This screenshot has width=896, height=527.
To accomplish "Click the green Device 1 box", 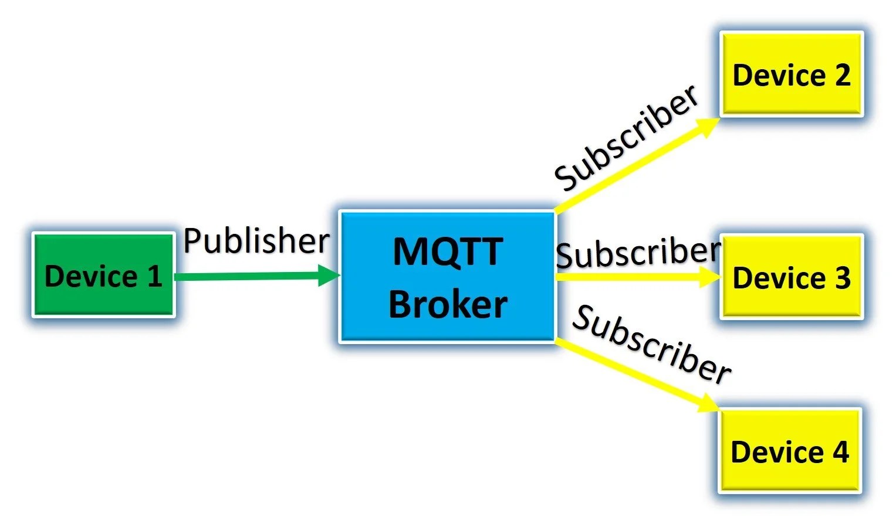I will pyautogui.click(x=103, y=275).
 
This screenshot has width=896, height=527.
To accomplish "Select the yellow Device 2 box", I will pyautogui.click(x=791, y=74).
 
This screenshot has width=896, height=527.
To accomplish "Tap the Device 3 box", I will pyautogui.click(x=791, y=277).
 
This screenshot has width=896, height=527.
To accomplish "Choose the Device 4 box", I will pyautogui.click(x=789, y=450).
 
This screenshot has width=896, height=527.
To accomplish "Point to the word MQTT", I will pyautogui.click(x=448, y=251).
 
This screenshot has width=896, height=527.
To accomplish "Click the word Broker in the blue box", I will pyautogui.click(x=448, y=304).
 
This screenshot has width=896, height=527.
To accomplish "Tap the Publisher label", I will pyautogui.click(x=256, y=240).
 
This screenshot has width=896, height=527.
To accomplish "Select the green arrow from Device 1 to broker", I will pyautogui.click(x=246, y=276).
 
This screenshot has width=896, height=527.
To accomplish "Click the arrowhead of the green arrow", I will pyautogui.click(x=329, y=275).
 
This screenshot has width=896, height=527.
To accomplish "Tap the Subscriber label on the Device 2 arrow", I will pyautogui.click(x=627, y=138).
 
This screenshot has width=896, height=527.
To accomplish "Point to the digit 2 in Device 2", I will pyautogui.click(x=843, y=75).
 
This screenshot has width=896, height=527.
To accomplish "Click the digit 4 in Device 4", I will pyautogui.click(x=840, y=451).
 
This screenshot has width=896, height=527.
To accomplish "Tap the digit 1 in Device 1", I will pyautogui.click(x=155, y=276).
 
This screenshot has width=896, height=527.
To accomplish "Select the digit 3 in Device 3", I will pyautogui.click(x=843, y=278).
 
